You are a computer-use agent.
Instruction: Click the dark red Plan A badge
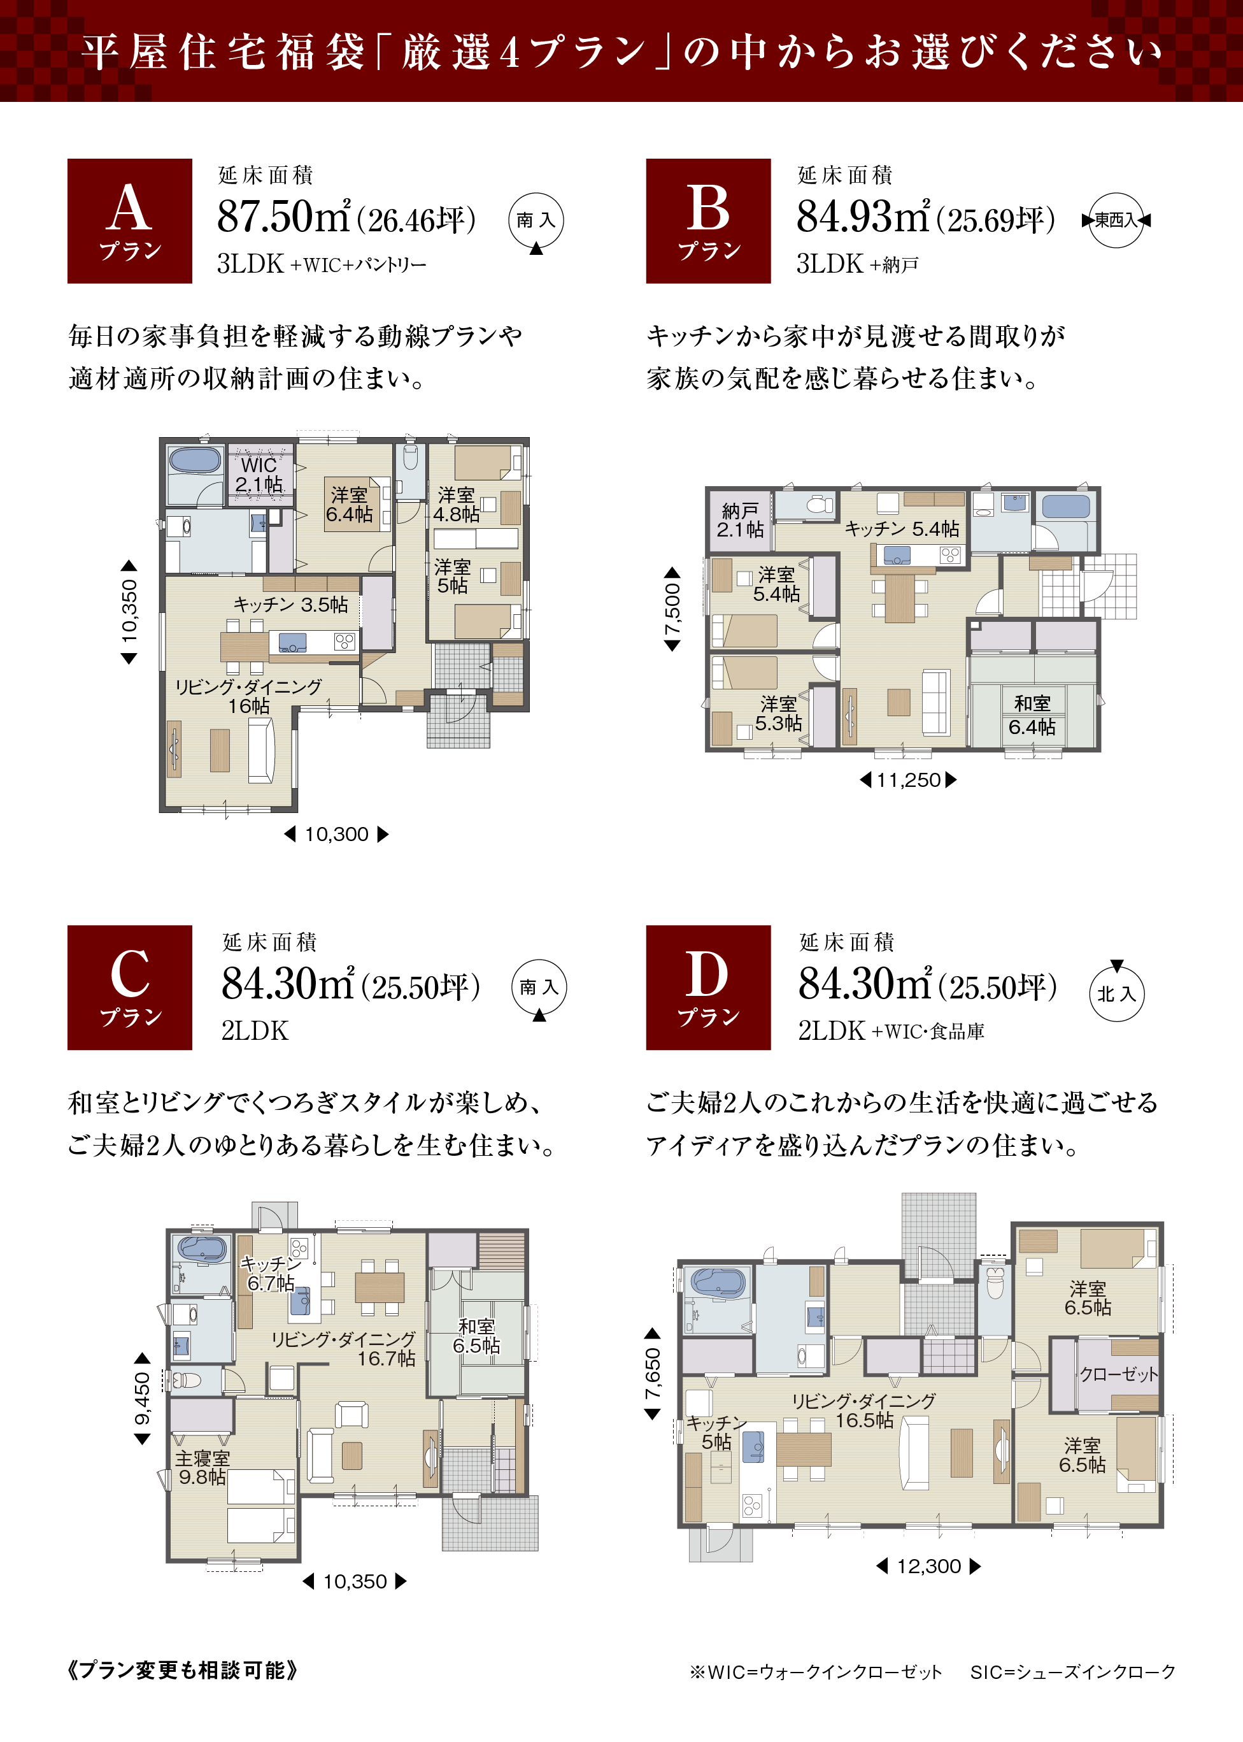coord(129,220)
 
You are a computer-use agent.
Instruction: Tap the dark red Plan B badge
coord(708,220)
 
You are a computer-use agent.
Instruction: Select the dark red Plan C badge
coord(129,987)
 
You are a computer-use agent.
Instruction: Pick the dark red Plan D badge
coord(708,987)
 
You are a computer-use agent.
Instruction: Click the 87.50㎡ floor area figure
coord(284,217)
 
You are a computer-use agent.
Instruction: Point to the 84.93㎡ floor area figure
coord(863,217)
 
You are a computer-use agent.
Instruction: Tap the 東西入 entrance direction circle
coord(1116,220)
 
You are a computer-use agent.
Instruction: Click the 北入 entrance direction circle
coord(1117,991)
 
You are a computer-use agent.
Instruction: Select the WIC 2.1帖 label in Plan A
coord(259,475)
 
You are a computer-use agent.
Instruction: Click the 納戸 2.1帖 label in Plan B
coord(740,520)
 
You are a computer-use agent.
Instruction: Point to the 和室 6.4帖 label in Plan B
coord(1032,715)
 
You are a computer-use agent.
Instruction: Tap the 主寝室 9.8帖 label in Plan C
coord(202,1467)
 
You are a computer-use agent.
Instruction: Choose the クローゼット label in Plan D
coord(1118,1374)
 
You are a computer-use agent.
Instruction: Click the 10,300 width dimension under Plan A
coord(337,834)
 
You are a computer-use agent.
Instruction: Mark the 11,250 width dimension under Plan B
coord(909,779)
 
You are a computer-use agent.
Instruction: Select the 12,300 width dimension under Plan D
coord(928,1566)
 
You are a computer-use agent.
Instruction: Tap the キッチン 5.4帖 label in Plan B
coord(902,529)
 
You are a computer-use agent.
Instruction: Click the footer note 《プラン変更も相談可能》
coord(182,1669)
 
